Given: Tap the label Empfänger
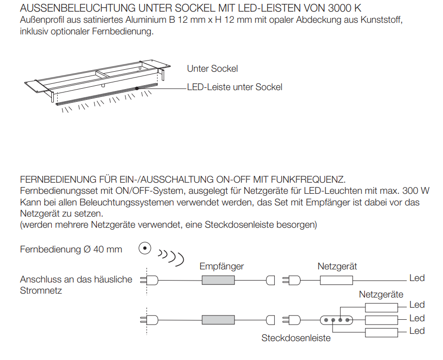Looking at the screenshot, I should coord(221,266).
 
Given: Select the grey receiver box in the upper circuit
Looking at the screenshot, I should coord(218,280).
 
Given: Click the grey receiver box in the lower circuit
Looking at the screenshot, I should coord(218,320).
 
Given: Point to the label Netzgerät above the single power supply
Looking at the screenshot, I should coord(337,266).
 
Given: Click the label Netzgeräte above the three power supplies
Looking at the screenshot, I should coord(381,294).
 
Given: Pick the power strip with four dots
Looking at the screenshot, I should coord(336,320).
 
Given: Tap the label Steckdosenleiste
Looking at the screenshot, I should coord(296,338).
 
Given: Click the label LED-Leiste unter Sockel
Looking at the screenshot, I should coord(235,87).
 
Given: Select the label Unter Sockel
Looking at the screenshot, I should coord(212,69).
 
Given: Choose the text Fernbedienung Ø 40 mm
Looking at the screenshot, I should coord(71,250).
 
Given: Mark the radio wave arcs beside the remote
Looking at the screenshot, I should coord(171,256).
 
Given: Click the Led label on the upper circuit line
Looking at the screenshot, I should coord(417,278).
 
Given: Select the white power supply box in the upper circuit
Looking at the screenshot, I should coord(336,280).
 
